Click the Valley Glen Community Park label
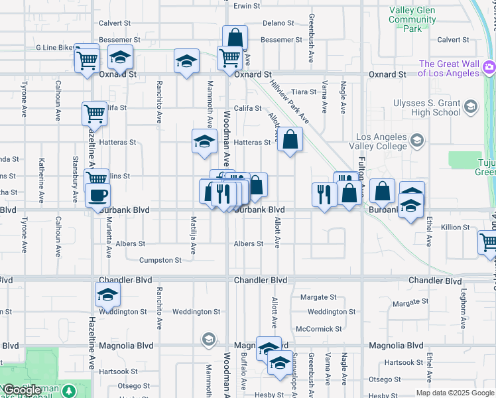(412, 19)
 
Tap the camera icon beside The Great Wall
(489, 67)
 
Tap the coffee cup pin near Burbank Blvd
(98, 196)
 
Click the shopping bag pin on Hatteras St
(290, 139)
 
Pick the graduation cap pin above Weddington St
(108, 278)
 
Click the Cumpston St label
(160, 260)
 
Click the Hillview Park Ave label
(289, 101)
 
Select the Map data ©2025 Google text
(455, 393)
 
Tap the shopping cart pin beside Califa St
(94, 113)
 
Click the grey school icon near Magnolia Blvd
(208, 340)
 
